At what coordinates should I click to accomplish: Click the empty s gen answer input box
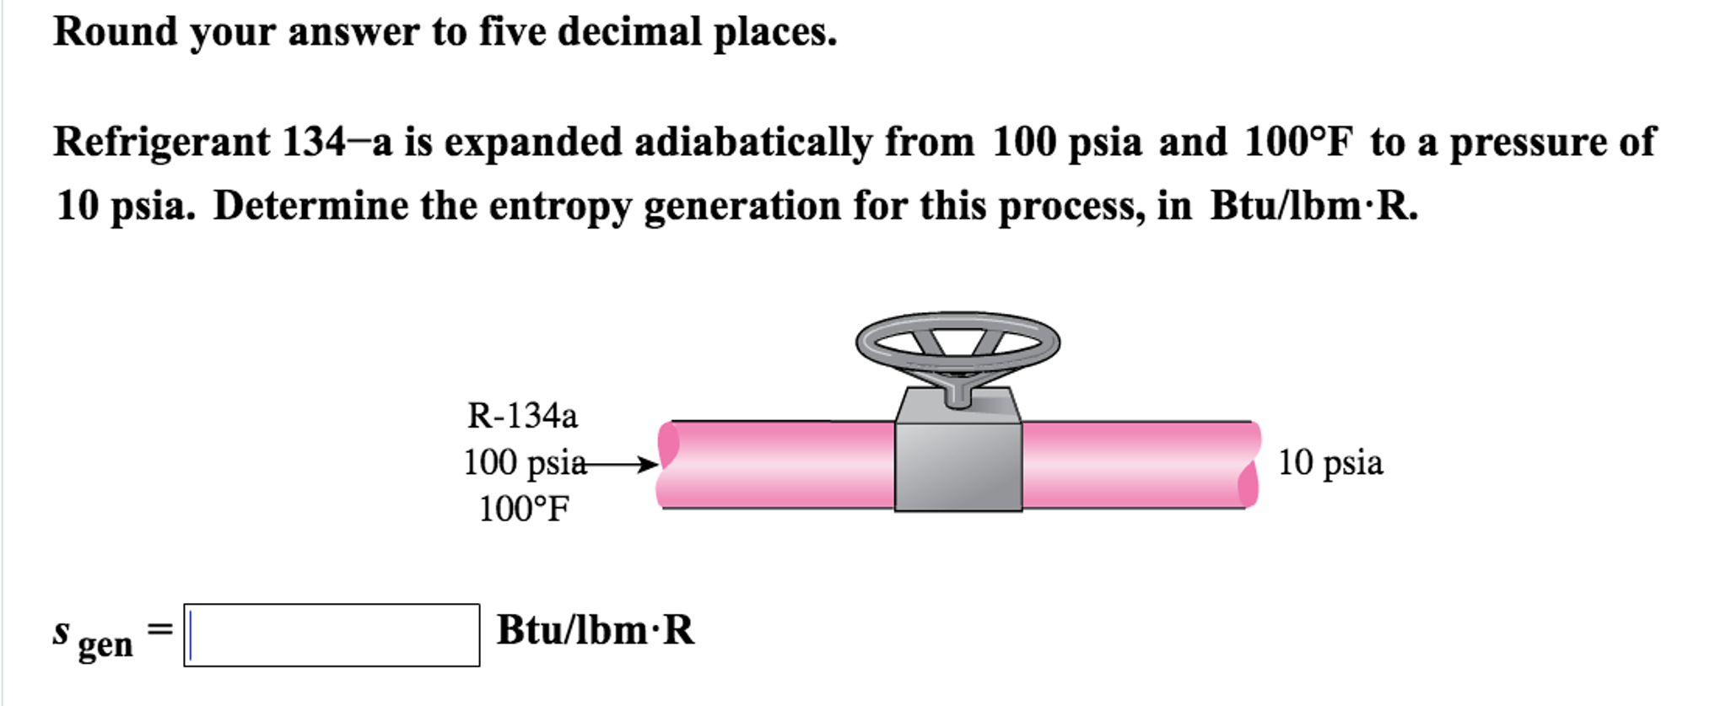(x=332, y=635)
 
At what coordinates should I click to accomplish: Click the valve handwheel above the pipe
(x=957, y=342)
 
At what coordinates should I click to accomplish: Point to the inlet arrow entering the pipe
(x=616, y=464)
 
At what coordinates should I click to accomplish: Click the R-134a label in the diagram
(x=523, y=415)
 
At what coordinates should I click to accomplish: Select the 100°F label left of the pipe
(x=524, y=509)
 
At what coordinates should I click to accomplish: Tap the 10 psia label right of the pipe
(x=1330, y=462)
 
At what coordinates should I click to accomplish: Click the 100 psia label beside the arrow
(x=524, y=462)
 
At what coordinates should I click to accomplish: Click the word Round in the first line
(x=116, y=32)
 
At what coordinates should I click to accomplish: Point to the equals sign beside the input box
(x=160, y=629)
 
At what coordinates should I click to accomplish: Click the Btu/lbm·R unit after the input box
(x=596, y=630)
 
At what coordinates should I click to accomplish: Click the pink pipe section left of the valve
(x=776, y=465)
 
